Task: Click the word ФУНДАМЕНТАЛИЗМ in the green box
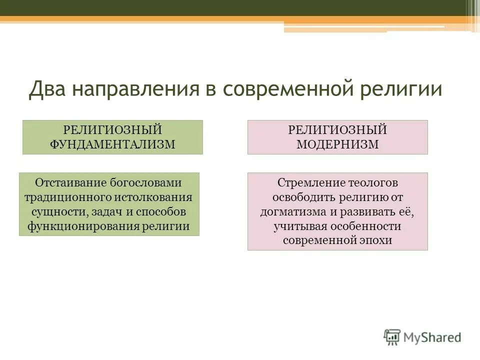(112, 144)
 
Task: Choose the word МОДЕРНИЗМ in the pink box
(337, 144)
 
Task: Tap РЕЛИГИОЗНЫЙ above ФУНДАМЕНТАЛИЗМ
(112, 130)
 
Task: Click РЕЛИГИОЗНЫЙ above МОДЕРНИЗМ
(337, 130)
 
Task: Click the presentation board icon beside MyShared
(392, 337)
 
